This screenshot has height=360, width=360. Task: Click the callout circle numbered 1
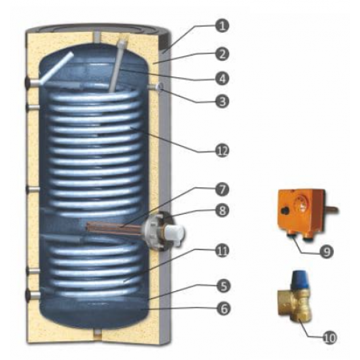(224, 27)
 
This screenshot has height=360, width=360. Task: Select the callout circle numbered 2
(224, 52)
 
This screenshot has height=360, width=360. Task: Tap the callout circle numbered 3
(224, 101)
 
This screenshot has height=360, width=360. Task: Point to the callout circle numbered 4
(224, 77)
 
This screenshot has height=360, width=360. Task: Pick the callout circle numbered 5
(224, 285)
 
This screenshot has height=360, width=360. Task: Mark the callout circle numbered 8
(224, 212)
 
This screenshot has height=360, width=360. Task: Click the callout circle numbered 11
(224, 249)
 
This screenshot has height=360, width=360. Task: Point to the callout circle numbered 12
(224, 150)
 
